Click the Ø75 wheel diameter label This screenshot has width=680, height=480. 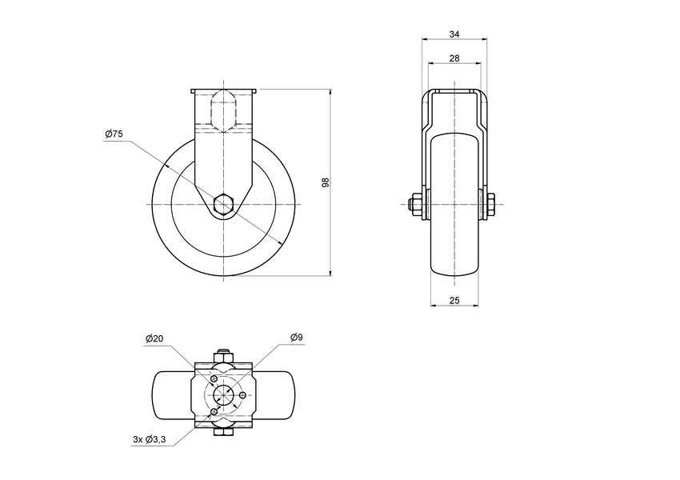click(x=114, y=135)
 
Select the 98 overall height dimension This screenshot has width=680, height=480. click(x=325, y=182)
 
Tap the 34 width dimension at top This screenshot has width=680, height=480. click(x=454, y=34)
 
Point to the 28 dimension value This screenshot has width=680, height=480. click(x=454, y=58)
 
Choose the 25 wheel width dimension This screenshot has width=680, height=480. click(x=454, y=300)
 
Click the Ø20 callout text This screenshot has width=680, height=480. click(x=155, y=338)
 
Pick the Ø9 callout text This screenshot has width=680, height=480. click(x=295, y=338)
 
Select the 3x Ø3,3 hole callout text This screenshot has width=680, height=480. click(x=150, y=439)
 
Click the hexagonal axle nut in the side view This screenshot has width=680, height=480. click(x=224, y=205)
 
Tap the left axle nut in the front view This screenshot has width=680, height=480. click(x=415, y=205)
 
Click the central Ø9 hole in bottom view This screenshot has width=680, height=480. click(x=224, y=395)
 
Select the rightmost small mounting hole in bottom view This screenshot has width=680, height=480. click(x=242, y=395)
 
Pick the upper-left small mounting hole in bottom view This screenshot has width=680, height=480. click(x=214, y=378)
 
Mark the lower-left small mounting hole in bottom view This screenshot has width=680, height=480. click(x=214, y=412)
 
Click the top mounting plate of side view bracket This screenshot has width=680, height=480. click(x=224, y=90)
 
